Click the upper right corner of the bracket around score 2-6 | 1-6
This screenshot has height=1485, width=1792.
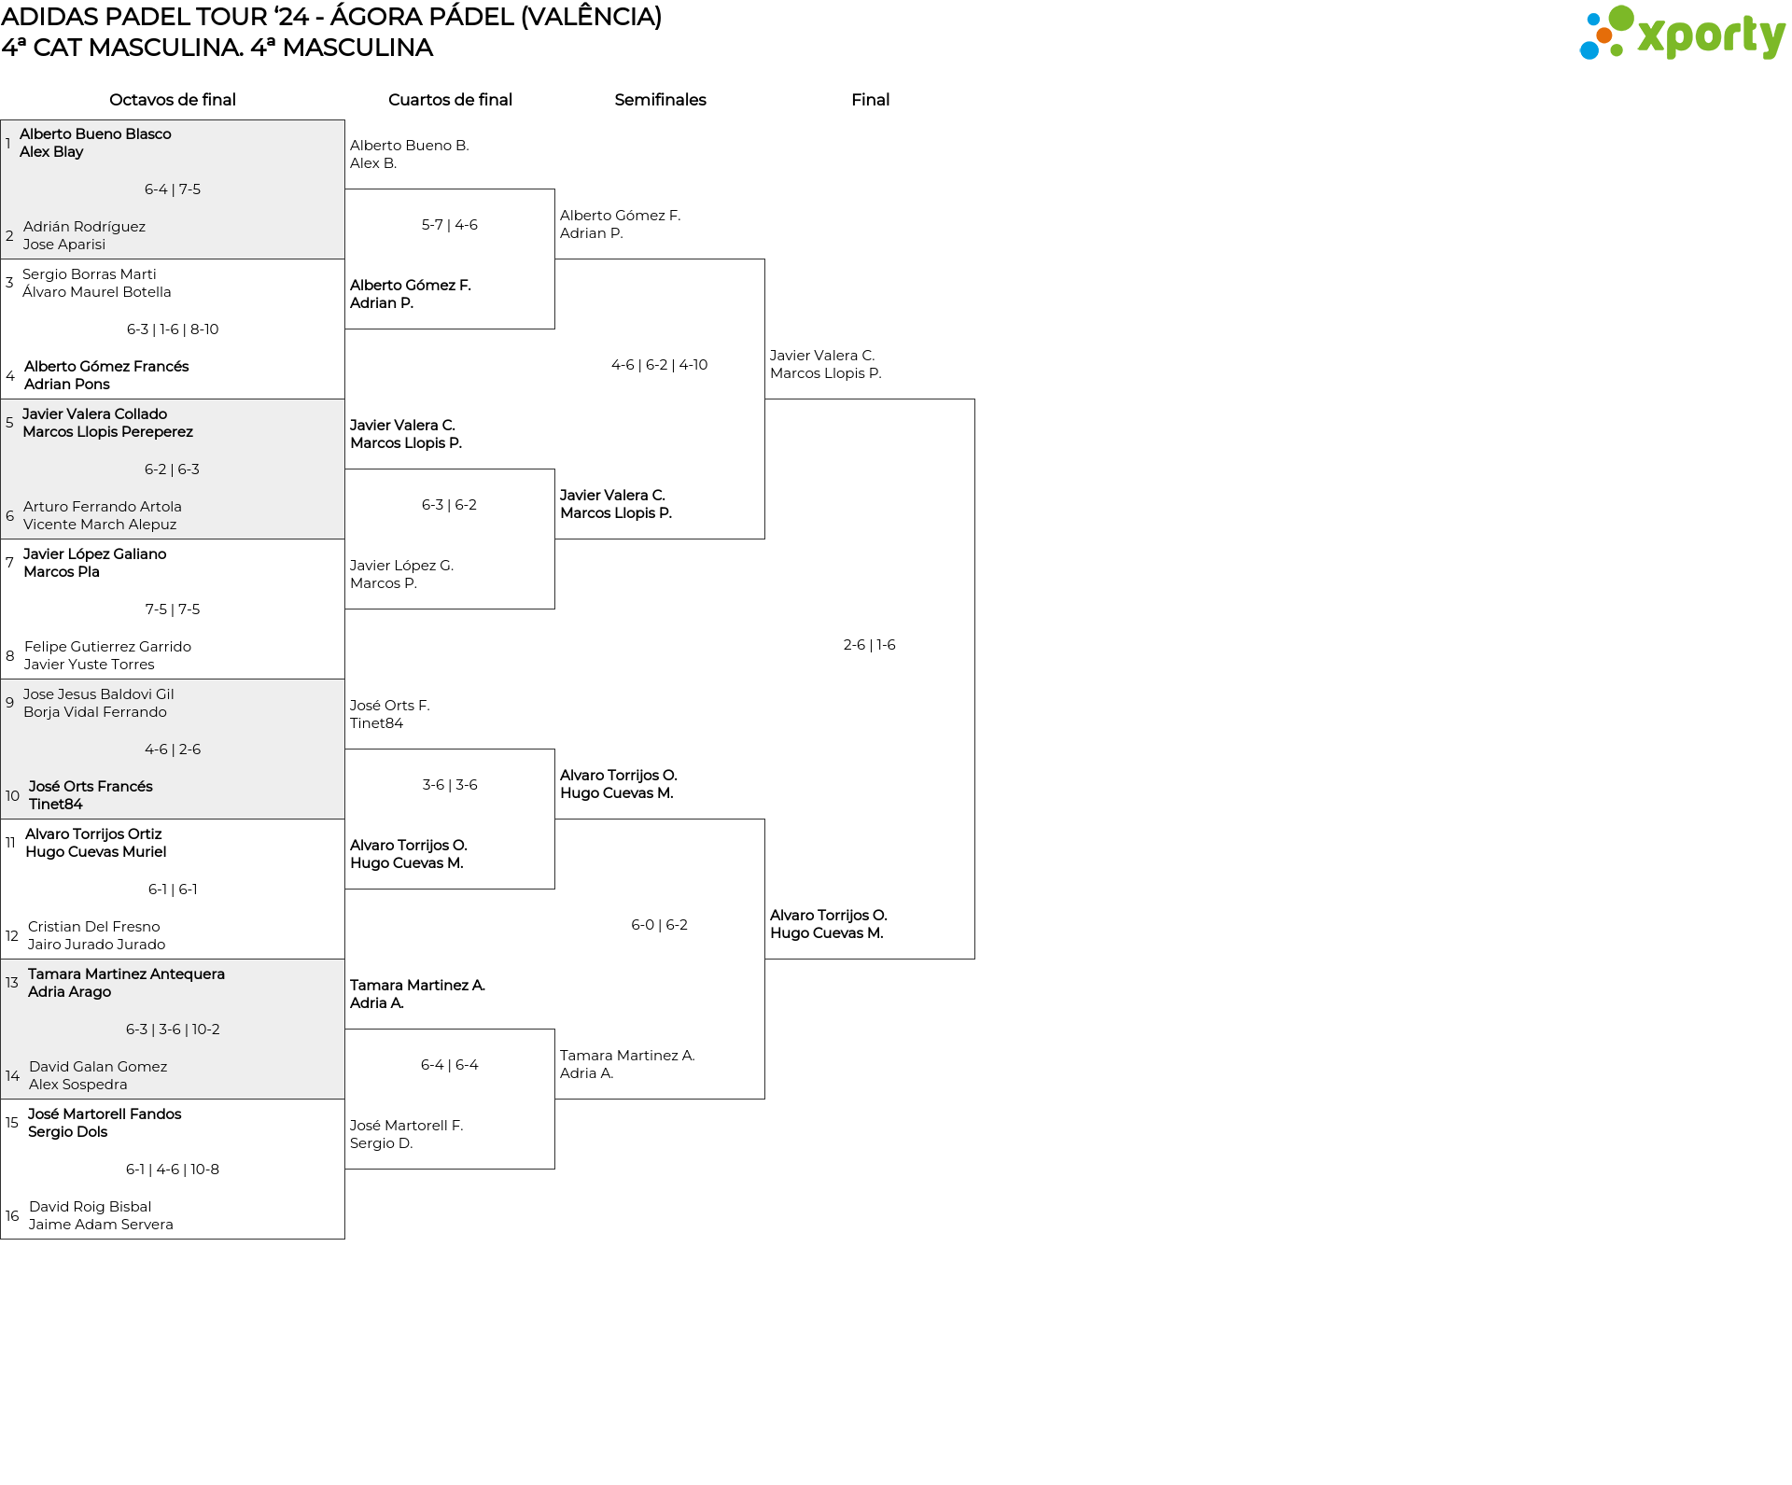(x=974, y=399)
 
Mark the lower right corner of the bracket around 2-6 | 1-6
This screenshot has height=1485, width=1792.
(x=974, y=959)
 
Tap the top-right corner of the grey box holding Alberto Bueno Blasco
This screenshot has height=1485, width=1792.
(x=344, y=120)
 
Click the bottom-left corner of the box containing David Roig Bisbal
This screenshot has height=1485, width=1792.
(x=1, y=1239)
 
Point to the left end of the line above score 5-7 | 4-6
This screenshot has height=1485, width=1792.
(x=345, y=189)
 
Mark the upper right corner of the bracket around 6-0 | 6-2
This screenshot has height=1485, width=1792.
(x=764, y=820)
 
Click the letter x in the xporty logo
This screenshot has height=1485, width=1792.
(x=1653, y=36)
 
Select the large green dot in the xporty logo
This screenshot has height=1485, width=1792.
(x=1621, y=18)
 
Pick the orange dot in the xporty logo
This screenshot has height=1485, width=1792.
(x=1604, y=35)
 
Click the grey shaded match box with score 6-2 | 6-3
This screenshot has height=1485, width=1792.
(x=173, y=469)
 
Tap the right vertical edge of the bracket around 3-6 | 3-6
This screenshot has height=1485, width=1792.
(x=554, y=819)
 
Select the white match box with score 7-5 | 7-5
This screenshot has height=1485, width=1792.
(x=173, y=609)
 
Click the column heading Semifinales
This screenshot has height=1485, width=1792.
(x=660, y=100)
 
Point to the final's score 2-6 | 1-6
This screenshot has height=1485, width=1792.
(x=870, y=645)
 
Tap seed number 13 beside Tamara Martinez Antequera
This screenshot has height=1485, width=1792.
(x=12, y=983)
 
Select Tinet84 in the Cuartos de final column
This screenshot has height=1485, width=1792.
(x=377, y=723)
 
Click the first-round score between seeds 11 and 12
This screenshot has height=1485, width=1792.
(x=173, y=890)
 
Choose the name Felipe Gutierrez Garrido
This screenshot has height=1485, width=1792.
(x=107, y=647)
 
